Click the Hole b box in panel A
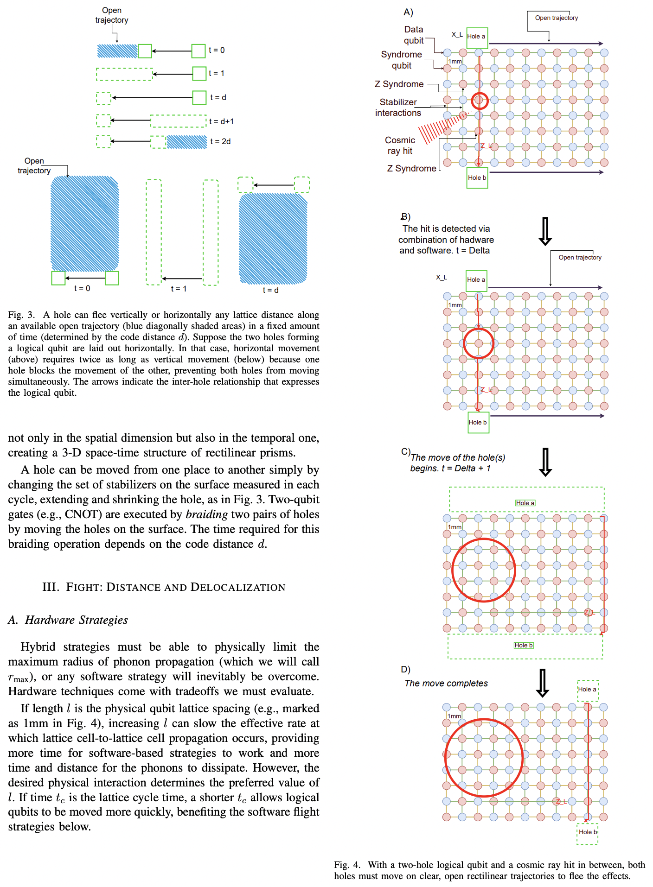pos(477,178)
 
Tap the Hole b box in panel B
pos(478,422)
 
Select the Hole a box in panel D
pos(588,690)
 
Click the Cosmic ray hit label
pos(400,146)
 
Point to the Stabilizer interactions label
pos(398,108)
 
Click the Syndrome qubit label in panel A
pos(401,60)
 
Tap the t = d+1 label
pos(221,121)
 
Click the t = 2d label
pos(220,141)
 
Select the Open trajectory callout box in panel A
pos(556,18)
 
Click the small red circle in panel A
pos(480,101)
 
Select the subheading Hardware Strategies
pos(76,620)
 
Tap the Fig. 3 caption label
pos(21,315)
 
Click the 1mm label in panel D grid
pos(454,716)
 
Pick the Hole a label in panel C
pos(525,503)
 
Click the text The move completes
pos(446,683)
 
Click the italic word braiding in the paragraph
pos(206,514)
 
